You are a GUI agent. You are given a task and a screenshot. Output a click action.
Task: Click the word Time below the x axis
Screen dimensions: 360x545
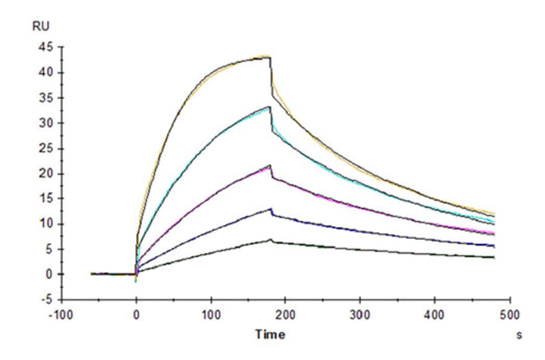[269, 334]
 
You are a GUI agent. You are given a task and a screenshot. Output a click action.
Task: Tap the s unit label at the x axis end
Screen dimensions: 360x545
[518, 334]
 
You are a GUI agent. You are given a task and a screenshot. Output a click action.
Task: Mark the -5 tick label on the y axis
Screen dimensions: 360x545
[45, 300]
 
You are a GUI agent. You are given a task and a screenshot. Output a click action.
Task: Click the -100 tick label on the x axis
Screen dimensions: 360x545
[61, 315]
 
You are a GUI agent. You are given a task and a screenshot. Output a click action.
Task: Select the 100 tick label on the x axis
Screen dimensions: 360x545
[211, 315]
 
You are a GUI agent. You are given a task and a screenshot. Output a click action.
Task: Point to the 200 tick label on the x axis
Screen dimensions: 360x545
[285, 315]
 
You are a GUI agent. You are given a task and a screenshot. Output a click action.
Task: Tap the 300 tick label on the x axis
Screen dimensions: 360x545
[360, 315]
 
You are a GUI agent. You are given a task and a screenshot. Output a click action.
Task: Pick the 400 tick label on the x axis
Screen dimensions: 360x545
[435, 315]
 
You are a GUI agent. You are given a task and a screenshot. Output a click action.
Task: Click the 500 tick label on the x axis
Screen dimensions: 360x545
[510, 315]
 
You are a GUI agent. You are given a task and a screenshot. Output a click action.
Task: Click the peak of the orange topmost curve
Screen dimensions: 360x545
[268, 56]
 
